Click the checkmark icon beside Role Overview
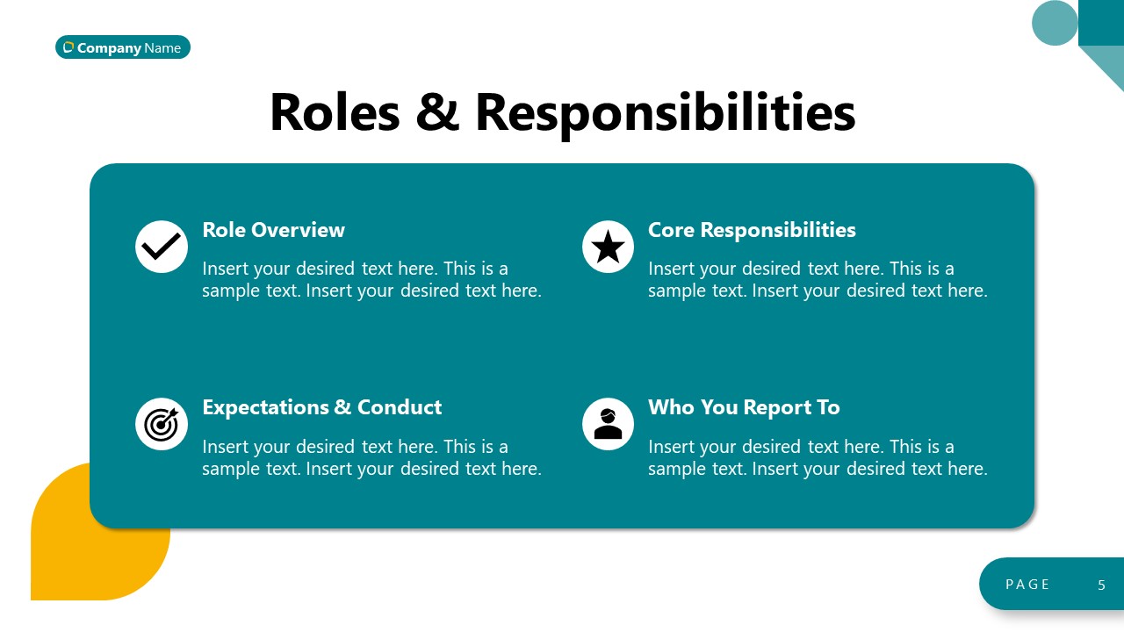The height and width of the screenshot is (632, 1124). tap(162, 247)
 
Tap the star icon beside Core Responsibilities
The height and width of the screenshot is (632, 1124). tap(608, 247)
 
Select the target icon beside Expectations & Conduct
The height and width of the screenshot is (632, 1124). tap(162, 424)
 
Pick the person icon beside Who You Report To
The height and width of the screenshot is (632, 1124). tap(608, 424)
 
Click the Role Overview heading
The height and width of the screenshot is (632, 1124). tap(273, 230)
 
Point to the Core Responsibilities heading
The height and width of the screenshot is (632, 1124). tap(752, 230)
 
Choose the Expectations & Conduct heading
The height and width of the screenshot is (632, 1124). tap(321, 407)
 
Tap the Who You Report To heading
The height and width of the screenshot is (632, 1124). tap(744, 407)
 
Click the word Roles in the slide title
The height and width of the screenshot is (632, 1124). tap(335, 112)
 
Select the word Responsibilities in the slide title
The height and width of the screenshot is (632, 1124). tap(665, 112)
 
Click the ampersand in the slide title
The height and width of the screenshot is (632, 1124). tap(437, 112)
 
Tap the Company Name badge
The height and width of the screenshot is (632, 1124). tap(123, 47)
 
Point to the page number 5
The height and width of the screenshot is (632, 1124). tap(1102, 585)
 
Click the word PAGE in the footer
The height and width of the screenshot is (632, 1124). tap(1027, 585)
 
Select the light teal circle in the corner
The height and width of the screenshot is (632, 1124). tap(1055, 23)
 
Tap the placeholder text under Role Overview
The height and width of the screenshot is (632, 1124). tap(371, 279)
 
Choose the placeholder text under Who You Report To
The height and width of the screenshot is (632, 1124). tap(818, 457)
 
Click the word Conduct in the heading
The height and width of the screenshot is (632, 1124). tap(400, 407)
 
